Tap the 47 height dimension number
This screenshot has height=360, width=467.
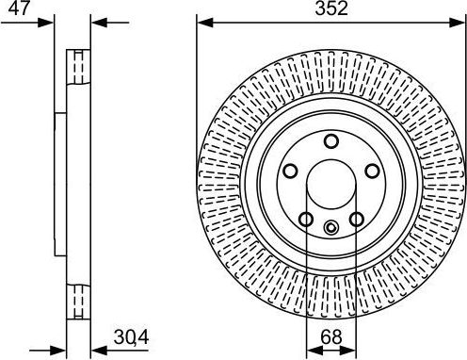18,8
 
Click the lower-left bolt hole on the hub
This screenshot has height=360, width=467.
305,219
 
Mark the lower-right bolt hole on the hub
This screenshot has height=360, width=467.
356,219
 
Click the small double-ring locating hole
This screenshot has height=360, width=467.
330,227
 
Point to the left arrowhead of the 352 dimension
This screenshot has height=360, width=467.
202,22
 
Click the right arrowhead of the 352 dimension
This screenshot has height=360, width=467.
460,22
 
